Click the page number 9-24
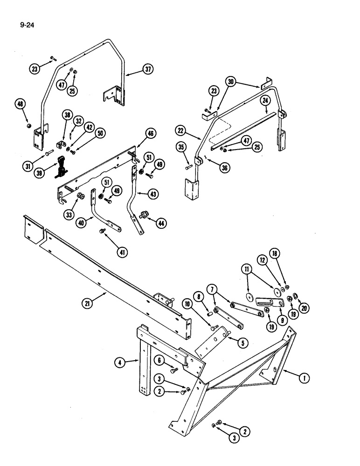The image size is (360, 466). pos(28,21)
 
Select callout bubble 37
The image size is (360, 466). pos(148,70)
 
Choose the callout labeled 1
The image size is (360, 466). pos(304,378)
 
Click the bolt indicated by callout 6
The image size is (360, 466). pos(175,370)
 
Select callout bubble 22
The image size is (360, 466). pos(181,130)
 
